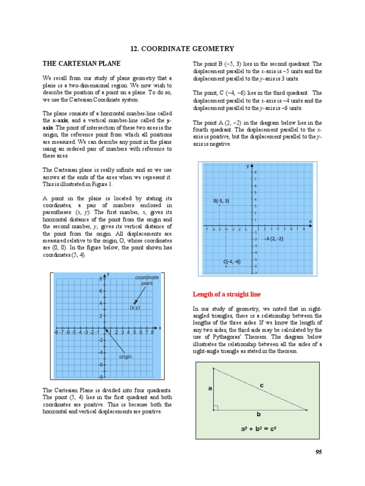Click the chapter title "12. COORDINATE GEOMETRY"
click(182, 48)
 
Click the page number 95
click(318, 452)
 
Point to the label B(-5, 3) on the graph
click(221, 201)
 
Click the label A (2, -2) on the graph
click(274, 239)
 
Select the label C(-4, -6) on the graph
click(232, 262)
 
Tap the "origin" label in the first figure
click(125, 357)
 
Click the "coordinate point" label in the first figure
click(147, 280)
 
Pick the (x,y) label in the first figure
click(134, 308)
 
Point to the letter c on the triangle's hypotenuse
click(261, 386)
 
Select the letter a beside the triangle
click(210, 388)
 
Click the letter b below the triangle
click(259, 414)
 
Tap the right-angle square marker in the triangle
click(216, 408)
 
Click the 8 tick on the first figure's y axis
click(101, 278)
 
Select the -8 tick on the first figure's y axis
click(101, 377)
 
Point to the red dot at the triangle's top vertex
click(214, 368)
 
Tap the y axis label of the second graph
click(248, 166)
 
